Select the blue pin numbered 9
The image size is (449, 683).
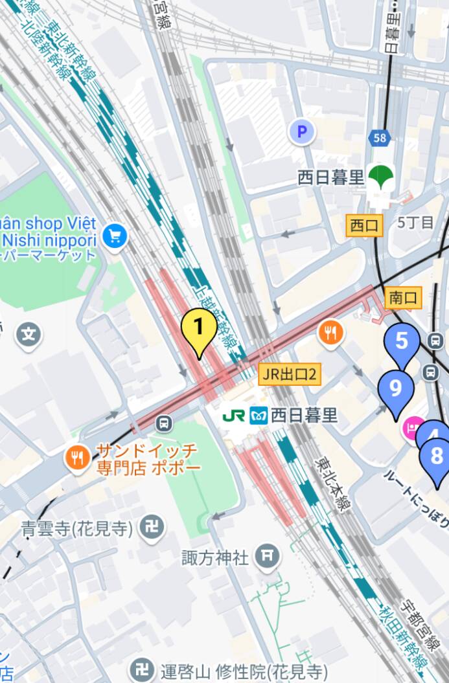[395, 388]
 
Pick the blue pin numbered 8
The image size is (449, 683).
[436, 456]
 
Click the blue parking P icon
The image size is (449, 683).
[301, 133]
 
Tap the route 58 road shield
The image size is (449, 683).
[380, 137]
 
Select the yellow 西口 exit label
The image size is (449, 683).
[365, 225]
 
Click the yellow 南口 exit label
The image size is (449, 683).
[403, 298]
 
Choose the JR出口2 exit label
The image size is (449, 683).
[290, 374]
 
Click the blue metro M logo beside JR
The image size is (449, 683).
[259, 415]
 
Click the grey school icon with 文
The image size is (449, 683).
[29, 335]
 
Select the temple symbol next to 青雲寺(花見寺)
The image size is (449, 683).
[152, 528]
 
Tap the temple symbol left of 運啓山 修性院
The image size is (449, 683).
[141, 670]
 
